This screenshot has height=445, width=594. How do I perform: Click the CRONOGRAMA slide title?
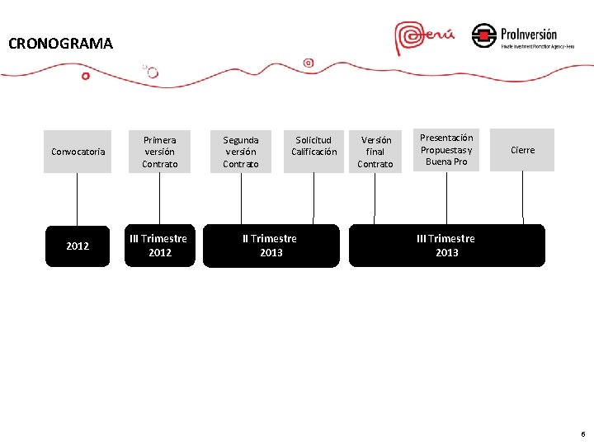(x=60, y=44)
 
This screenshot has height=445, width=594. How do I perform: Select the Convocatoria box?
(x=78, y=151)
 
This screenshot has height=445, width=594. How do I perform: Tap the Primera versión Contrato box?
(x=159, y=151)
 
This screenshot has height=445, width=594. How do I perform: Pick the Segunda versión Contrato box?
(x=241, y=151)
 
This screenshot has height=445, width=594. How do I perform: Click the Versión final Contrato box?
(x=375, y=151)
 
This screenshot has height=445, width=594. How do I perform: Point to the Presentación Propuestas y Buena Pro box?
(x=446, y=149)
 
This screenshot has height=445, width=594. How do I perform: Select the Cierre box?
(x=522, y=150)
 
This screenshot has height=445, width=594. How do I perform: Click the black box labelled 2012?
(x=78, y=246)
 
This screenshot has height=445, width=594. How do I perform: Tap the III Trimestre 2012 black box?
(x=160, y=246)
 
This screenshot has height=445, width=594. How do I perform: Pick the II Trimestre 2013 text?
(x=271, y=246)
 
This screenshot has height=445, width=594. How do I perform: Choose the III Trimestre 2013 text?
(x=446, y=246)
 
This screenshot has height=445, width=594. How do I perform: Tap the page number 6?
(x=583, y=433)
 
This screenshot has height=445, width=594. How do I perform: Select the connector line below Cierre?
(x=522, y=198)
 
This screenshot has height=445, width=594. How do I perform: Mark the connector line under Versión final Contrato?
(x=375, y=198)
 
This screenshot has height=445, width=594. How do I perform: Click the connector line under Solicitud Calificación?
(x=313, y=198)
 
